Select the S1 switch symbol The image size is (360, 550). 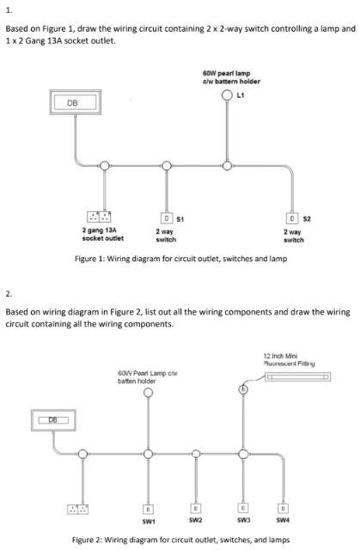pos(167,217)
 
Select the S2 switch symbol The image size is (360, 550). pos(292,218)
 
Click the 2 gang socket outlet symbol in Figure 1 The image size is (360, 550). pos(99,217)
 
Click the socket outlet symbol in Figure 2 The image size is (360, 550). pos(78,509)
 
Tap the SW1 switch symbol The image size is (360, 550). pos(149,509)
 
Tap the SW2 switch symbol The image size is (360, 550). pos(196,508)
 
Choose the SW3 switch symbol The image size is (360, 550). pos(243,508)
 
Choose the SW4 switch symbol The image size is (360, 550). pos(283,508)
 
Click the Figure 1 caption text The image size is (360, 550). pos(181,259)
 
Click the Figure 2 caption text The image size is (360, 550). pos(181,540)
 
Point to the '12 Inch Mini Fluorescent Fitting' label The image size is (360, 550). pos(290,360)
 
